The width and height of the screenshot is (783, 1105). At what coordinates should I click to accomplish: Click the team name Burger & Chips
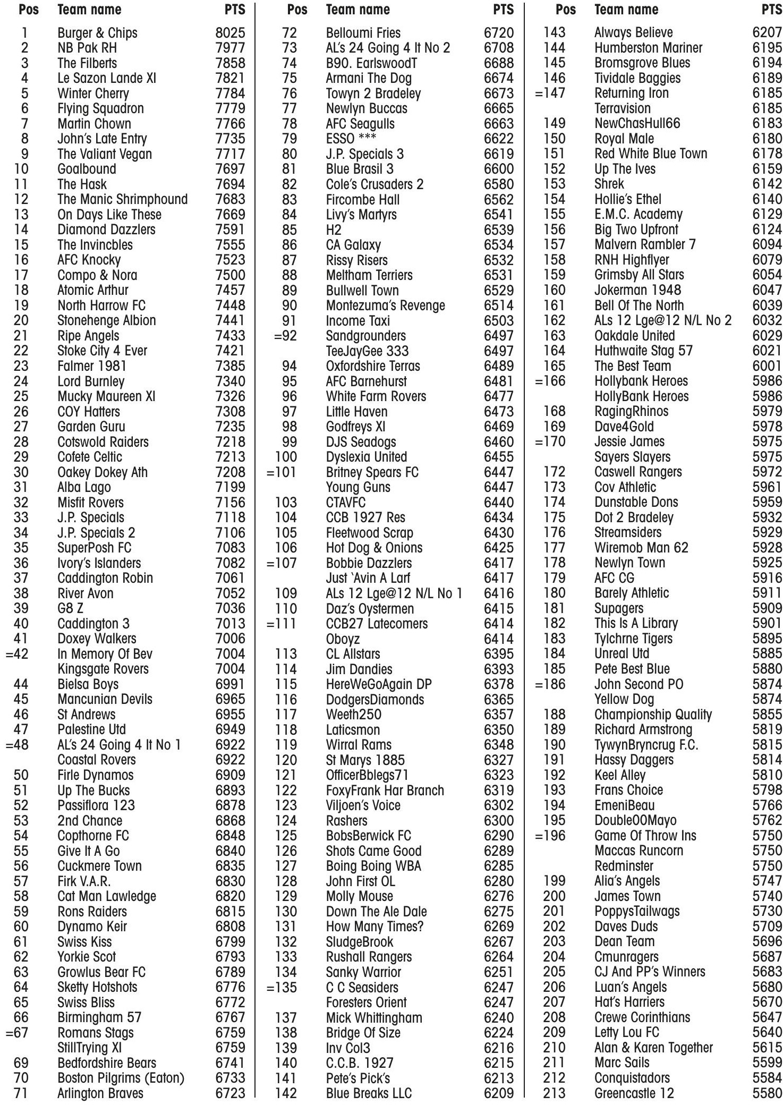click(x=97, y=33)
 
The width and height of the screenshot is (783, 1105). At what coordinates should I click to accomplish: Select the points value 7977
click(x=230, y=48)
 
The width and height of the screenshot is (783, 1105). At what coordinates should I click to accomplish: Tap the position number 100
click(x=286, y=457)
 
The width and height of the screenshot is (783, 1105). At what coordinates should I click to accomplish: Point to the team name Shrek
click(x=609, y=184)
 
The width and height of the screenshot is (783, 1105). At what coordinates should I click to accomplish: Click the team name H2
click(x=334, y=230)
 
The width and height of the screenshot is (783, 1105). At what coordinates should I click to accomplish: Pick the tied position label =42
click(x=17, y=654)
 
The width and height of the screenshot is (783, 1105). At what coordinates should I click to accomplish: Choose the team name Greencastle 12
click(x=634, y=1093)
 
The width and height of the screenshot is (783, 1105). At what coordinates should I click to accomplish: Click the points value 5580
click(x=767, y=1093)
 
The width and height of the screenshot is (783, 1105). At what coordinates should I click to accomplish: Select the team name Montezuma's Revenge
click(x=385, y=305)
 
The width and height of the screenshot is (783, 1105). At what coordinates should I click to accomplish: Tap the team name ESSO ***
click(x=351, y=139)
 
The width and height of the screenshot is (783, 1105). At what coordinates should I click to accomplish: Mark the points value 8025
click(x=230, y=33)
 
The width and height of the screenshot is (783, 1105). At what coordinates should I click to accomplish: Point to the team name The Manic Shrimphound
click(x=122, y=199)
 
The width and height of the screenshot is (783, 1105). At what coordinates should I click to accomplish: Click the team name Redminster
click(x=624, y=866)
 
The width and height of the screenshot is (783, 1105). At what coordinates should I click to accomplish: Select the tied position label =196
click(x=550, y=836)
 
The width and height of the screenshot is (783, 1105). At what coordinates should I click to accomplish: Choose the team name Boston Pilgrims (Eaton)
click(x=121, y=1078)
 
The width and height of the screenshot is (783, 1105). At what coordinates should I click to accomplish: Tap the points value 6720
click(x=499, y=33)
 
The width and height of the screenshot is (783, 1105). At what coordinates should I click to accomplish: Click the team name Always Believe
click(x=633, y=33)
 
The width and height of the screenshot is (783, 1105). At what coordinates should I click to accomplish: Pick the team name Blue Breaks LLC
click(x=369, y=1093)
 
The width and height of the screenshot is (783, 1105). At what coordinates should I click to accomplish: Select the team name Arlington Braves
click(x=100, y=1093)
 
